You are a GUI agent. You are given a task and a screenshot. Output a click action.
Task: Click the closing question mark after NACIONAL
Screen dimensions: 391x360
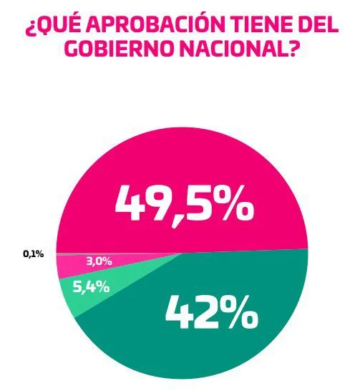click(x=292, y=52)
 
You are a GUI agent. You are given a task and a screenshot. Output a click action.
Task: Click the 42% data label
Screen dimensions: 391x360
click(x=211, y=312)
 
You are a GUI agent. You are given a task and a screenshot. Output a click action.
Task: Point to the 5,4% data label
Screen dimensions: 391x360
click(x=91, y=287)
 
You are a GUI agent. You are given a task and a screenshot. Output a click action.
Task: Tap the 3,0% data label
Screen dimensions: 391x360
click(x=99, y=261)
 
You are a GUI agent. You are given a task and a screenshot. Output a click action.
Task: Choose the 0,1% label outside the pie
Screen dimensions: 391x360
click(x=34, y=254)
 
